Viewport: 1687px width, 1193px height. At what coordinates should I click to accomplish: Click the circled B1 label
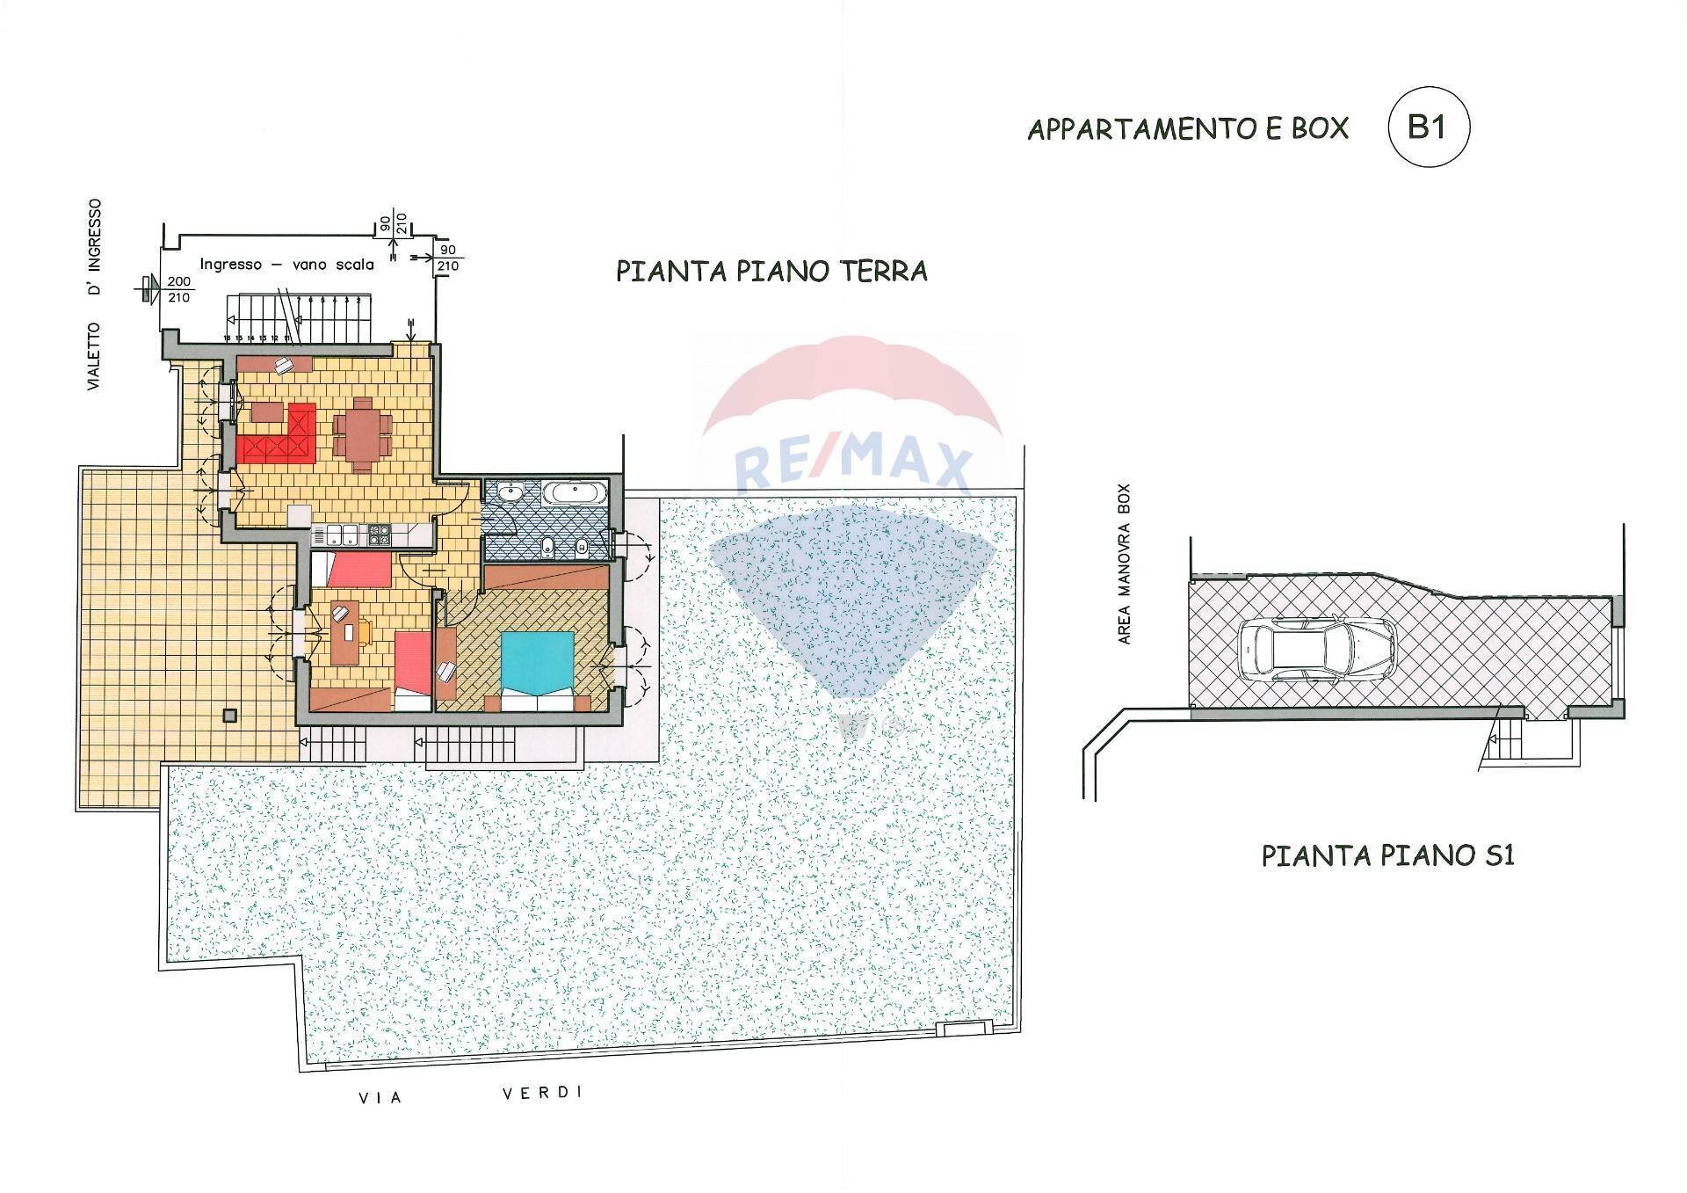1427,127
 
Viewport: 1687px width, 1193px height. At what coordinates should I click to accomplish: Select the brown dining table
361,434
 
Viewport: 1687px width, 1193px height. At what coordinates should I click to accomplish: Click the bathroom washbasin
509,491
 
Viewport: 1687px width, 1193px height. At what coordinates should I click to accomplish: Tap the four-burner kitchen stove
379,532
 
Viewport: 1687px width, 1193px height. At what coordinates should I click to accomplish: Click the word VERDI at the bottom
542,1093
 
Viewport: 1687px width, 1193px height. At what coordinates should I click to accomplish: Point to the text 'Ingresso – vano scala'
286,264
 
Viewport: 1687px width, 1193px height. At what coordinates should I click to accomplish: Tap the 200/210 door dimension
178,288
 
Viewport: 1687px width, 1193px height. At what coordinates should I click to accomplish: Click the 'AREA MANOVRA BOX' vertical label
1125,564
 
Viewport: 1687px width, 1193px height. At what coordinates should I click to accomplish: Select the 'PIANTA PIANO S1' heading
1401,855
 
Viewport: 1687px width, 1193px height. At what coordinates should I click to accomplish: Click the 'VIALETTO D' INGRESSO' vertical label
94,295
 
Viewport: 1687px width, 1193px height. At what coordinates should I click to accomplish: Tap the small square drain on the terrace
230,715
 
